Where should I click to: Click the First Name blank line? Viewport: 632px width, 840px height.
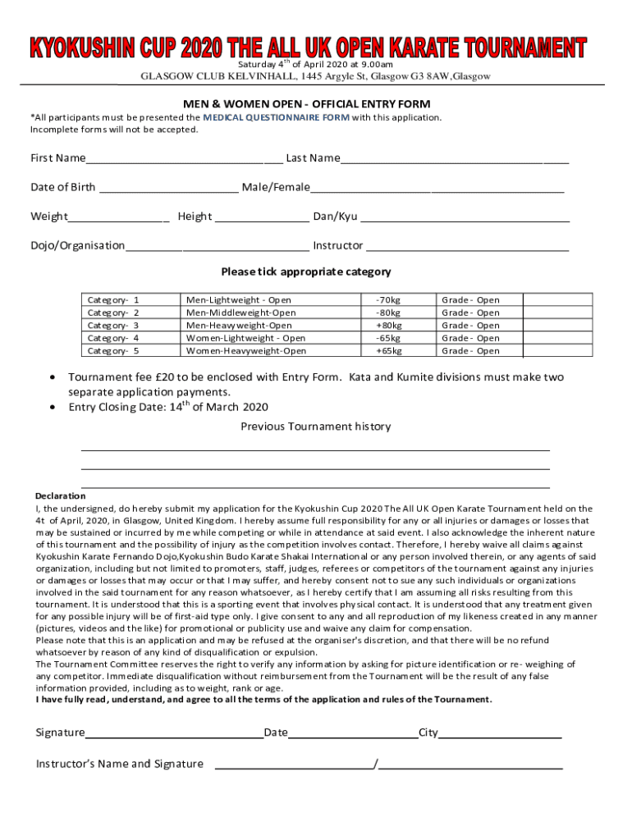coord(184,157)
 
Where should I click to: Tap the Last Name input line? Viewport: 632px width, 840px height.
coord(454,157)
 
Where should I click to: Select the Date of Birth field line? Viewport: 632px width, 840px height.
coord(168,187)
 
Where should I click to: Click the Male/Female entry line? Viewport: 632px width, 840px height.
coord(437,187)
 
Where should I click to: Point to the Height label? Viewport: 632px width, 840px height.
coord(195,217)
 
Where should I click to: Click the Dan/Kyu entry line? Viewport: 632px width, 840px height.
coord(465,217)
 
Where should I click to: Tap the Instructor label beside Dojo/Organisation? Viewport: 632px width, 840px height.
coord(337,245)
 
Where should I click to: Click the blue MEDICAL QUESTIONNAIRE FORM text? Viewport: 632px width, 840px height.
coord(277,117)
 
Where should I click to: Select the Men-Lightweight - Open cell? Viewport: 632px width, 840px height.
coord(238,300)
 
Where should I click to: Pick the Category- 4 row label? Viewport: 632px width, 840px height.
coord(113,338)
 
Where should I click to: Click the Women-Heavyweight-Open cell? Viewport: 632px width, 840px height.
coord(246,351)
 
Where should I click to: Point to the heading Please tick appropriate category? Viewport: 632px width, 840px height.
coord(305,272)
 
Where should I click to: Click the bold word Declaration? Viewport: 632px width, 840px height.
coord(60,495)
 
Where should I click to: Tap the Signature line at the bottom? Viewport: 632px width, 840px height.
coord(174,733)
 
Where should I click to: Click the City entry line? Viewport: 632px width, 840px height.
coord(500,733)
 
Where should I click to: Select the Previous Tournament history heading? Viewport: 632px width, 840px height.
coord(315,427)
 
